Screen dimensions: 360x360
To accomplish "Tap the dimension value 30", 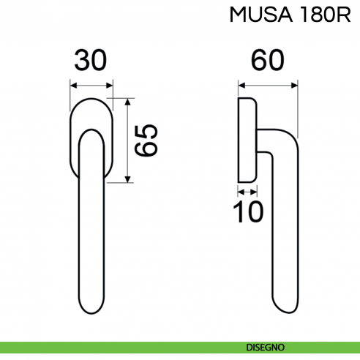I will point(92,61).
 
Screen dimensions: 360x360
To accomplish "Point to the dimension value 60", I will point(268,61).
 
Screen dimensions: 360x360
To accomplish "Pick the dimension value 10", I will point(247,212).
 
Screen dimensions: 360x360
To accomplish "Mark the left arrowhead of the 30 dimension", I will point(74,85).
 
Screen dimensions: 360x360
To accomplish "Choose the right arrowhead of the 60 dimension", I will point(296,85).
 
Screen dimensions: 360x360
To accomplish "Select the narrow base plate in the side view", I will point(247,139).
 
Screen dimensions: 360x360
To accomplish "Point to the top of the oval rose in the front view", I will point(92,98).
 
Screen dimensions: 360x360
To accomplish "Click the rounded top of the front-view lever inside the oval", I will point(92,132).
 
